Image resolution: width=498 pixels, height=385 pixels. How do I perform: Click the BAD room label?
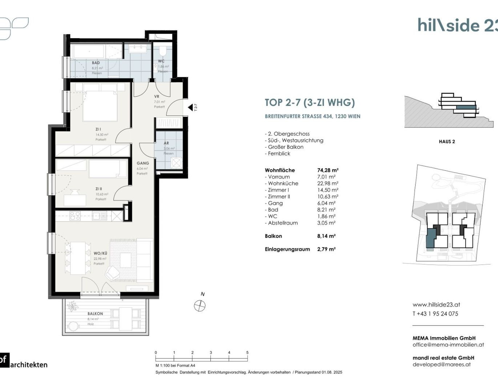pos(96,63)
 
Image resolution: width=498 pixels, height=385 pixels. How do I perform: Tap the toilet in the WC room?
pos(162,51)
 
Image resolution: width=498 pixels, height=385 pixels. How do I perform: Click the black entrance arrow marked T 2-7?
pos(190,107)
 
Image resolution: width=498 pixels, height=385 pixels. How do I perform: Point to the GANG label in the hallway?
pos(142,163)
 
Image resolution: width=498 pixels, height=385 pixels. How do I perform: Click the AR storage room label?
pos(166,143)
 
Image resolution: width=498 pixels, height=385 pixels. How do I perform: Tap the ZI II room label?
pos(99,189)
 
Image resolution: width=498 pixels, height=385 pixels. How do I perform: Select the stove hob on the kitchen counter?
pos(75,216)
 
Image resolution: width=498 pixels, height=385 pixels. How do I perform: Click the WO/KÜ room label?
pos(100,254)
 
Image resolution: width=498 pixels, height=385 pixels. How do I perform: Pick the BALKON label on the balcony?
pos(95,313)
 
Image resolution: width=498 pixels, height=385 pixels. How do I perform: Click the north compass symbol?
pos(200,306)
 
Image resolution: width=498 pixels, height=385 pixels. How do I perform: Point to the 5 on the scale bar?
pos(247,353)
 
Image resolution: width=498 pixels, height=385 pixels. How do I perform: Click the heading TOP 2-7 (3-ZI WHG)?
pos(310,103)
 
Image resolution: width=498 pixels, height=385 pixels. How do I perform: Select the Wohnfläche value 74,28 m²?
pos(328,170)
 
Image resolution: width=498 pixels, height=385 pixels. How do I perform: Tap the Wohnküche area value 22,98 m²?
pos(328,183)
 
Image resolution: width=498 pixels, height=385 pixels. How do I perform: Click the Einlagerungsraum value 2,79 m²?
pos(326,249)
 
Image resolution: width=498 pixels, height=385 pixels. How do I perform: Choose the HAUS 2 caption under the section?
pos(447,142)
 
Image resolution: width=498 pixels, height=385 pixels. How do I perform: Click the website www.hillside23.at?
pos(436,305)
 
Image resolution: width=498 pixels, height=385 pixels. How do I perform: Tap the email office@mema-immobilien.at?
pos(448,345)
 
